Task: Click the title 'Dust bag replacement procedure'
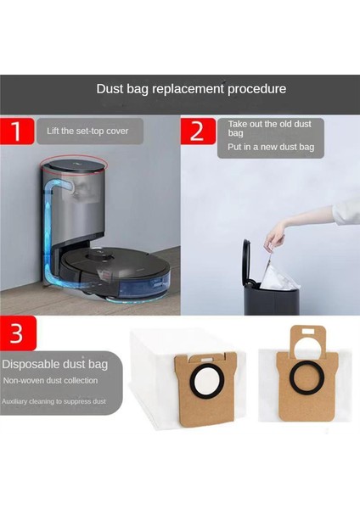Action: pyautogui.click(x=190, y=88)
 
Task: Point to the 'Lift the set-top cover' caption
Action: pyautogui.click(x=89, y=131)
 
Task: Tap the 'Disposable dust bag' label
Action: pyautogui.click(x=54, y=364)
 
